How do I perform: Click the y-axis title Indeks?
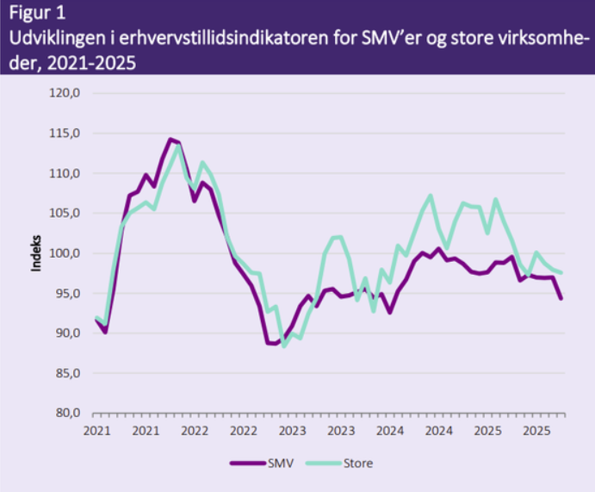coord(36,252)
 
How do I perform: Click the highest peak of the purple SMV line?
coord(170,139)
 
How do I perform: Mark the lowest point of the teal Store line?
coord(284,346)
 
